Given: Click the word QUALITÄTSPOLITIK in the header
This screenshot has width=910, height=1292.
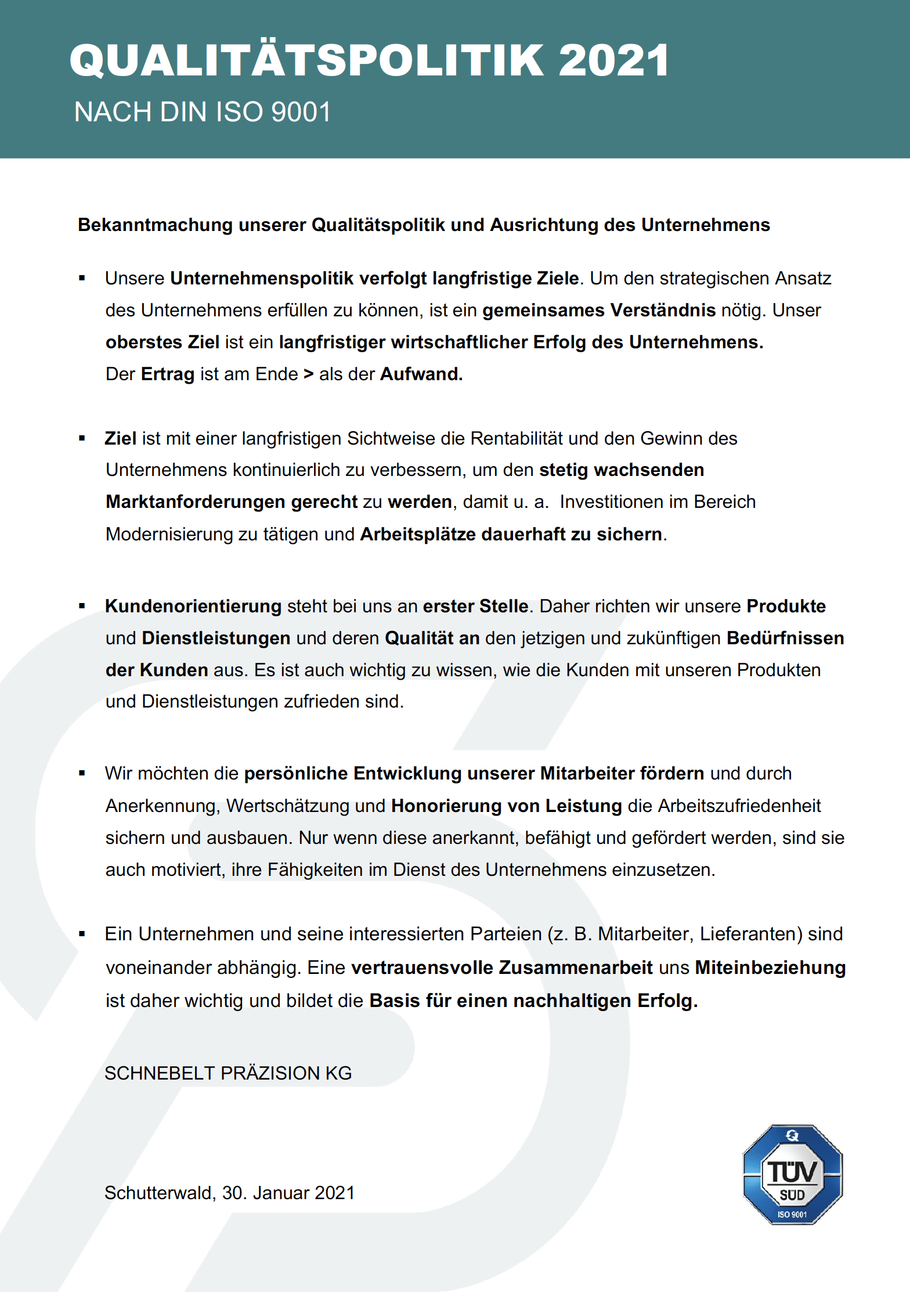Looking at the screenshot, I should pyautogui.click(x=308, y=60).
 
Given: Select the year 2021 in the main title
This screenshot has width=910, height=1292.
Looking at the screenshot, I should pyautogui.click(x=613, y=60).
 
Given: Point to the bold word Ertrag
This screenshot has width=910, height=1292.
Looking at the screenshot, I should pyautogui.click(x=167, y=374).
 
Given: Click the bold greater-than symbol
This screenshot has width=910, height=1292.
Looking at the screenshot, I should pyautogui.click(x=309, y=374).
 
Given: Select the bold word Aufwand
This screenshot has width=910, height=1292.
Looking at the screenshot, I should pyautogui.click(x=421, y=374).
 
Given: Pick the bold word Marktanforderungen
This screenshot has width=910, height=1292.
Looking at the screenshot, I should pyautogui.click(x=195, y=502).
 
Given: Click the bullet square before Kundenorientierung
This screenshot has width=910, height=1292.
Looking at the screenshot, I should pyautogui.click(x=82, y=606).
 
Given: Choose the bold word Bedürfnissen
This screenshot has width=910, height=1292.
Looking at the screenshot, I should pyautogui.click(x=785, y=638).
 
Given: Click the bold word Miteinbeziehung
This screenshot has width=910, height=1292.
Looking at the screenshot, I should pyautogui.click(x=770, y=968).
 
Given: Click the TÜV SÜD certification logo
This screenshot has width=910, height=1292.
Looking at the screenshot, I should pyautogui.click(x=792, y=1175).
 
